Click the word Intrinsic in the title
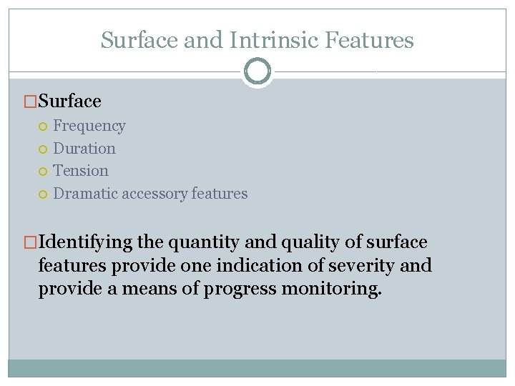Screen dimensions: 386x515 [275, 40]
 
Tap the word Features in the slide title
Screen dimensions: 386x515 [369, 40]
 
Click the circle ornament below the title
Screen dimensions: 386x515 [257, 71]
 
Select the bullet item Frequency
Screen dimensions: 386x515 [89, 127]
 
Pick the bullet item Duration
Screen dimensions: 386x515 [84, 149]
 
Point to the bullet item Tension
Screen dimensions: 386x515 [81, 171]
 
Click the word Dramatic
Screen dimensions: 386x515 [86, 194]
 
